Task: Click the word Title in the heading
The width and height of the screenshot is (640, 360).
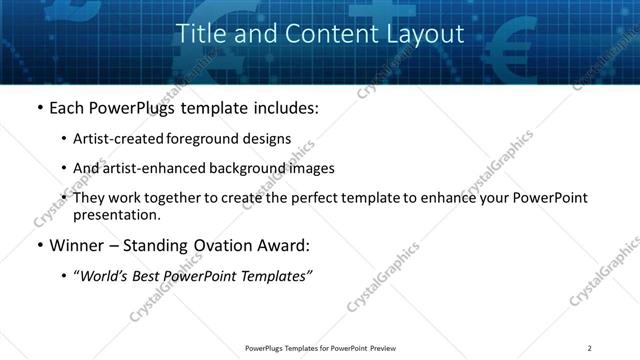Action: pyautogui.click(x=198, y=34)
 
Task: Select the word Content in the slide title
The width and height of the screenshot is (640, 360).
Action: pyautogui.click(x=321, y=34)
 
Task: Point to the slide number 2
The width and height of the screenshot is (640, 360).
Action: pyautogui.click(x=590, y=348)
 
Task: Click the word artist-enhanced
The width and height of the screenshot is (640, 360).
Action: pyautogui.click(x=149, y=168)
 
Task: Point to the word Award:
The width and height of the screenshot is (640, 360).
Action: pyautogui.click(x=284, y=243)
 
